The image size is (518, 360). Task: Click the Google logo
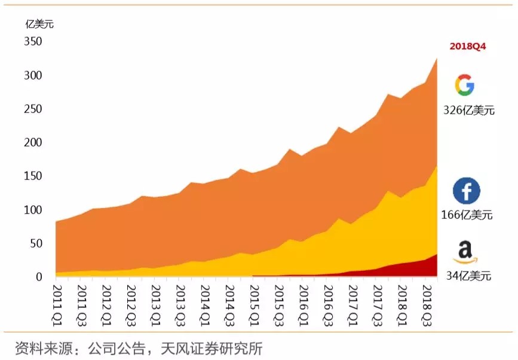[x=464, y=85]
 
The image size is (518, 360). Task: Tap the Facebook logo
[x=466, y=191]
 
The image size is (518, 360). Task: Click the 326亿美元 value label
[x=468, y=111]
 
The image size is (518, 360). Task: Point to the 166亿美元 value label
[x=468, y=215]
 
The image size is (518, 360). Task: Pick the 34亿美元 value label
[x=468, y=276]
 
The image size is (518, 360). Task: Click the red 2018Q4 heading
[x=467, y=46]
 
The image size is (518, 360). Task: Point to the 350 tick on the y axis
[x=33, y=42]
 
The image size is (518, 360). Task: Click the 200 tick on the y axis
[x=33, y=143]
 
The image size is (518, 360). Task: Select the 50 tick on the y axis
[x=36, y=243]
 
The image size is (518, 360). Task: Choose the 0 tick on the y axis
[x=39, y=277]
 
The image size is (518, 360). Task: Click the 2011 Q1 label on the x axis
[x=58, y=304]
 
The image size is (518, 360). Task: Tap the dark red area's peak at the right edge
[x=436, y=255]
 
